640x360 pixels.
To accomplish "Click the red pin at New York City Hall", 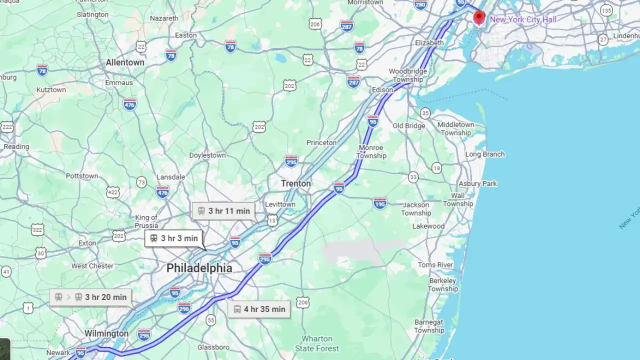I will tap(479, 17).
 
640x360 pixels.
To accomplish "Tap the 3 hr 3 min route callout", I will tap(173, 238).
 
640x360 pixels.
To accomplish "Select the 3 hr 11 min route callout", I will tap(223, 211).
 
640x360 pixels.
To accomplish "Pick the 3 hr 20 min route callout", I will tap(90, 297).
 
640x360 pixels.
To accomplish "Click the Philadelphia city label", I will tap(199, 268).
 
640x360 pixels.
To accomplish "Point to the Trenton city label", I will tap(295, 183).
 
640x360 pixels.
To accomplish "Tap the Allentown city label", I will tap(125, 62).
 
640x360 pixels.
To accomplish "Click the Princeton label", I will tap(321, 142).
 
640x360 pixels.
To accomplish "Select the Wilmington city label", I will tap(106, 333).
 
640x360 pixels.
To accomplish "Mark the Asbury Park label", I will tap(477, 183).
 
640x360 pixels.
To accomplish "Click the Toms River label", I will tap(435, 264).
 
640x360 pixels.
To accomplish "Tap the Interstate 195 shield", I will tap(380, 203).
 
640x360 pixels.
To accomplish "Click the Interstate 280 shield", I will tap(420, 5).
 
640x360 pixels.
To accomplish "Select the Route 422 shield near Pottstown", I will tap(113, 192).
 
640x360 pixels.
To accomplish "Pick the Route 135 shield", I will tap(606, 10).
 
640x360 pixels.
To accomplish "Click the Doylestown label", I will tap(207, 155).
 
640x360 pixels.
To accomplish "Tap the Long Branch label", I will tap(484, 154).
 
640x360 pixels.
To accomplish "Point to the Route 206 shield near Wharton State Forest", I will tap(302, 302).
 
